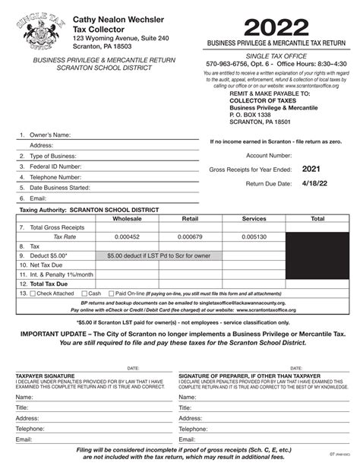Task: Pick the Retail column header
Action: (x=191, y=217)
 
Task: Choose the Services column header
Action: (x=253, y=217)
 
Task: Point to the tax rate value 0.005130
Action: (x=253, y=236)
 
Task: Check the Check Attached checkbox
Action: (x=33, y=293)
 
